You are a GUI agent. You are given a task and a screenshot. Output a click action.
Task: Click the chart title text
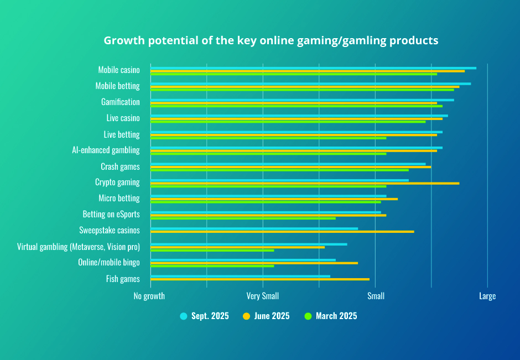point(271,41)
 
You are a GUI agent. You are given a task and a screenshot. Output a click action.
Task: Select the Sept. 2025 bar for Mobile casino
point(313,68)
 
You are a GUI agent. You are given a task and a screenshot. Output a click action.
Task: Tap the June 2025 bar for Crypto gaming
point(305,183)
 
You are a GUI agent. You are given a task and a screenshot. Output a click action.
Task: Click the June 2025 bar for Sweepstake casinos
point(282,231)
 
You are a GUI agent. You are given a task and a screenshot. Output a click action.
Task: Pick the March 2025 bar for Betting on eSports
point(243,218)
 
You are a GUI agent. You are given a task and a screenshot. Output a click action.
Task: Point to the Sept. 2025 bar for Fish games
point(240,276)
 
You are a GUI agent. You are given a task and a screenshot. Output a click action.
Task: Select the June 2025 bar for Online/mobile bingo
point(254,263)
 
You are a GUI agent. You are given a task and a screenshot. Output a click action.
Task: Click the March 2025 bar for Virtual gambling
point(212,250)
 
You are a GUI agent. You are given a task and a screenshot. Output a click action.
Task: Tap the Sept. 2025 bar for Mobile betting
point(310,84)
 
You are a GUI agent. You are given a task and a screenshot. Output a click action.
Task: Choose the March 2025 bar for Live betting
point(268,138)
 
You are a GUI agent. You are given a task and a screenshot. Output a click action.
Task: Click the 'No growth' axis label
point(149,296)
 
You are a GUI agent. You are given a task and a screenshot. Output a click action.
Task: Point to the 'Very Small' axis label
point(263,296)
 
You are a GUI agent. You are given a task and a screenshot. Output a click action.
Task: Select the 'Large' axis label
point(487,296)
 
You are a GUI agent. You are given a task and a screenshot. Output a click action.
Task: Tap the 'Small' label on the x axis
point(376,296)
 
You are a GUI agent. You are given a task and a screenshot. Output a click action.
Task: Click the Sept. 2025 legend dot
point(184,316)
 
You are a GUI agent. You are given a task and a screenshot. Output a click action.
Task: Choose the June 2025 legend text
point(272,316)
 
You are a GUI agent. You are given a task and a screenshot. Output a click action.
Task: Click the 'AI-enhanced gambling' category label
point(106,150)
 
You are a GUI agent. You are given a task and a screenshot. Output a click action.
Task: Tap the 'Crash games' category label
point(120,166)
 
